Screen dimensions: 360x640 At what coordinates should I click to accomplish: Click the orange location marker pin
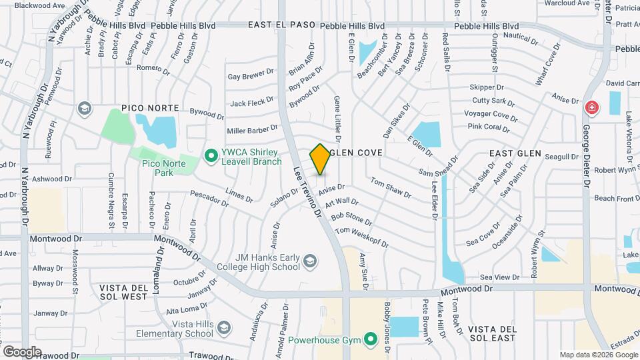coord(320,159)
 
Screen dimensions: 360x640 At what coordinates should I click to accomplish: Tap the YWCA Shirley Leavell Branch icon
coord(211,156)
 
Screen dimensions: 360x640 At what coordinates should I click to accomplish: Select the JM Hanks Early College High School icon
coord(309,261)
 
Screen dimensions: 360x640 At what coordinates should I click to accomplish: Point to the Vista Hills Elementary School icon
coord(225,327)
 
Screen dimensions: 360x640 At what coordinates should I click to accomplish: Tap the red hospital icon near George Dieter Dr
coord(591,107)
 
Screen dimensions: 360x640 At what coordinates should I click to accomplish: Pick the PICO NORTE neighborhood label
coord(150,108)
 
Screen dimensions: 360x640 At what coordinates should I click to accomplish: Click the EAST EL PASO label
coord(281,25)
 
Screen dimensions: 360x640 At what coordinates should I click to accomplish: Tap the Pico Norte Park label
coord(157,167)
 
